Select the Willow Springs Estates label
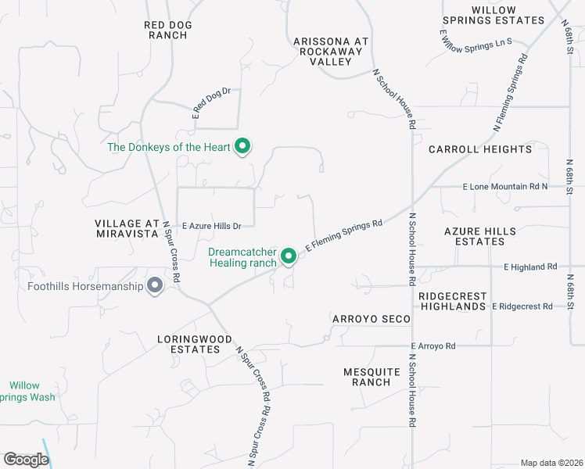(x=493, y=14)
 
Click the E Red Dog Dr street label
(x=212, y=102)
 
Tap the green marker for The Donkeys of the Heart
(x=242, y=146)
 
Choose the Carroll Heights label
(x=479, y=149)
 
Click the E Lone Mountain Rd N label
(x=505, y=188)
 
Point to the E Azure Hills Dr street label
(x=211, y=225)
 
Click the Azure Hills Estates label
(x=479, y=236)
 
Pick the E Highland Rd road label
(x=530, y=267)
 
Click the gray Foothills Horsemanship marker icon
(x=155, y=285)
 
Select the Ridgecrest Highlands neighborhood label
(x=452, y=302)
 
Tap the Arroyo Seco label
(x=371, y=319)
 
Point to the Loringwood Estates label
(x=196, y=344)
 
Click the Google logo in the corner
(x=25, y=460)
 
